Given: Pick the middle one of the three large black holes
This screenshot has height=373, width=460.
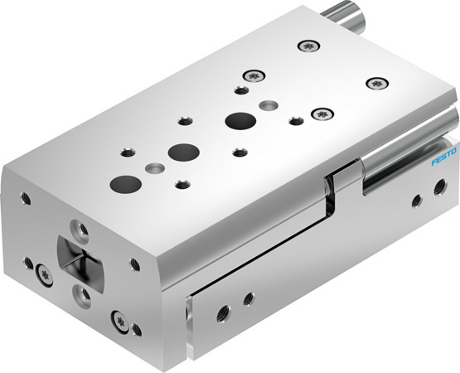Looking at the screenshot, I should click(179, 152).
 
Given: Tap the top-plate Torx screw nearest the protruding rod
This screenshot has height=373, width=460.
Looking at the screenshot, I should click(310, 46).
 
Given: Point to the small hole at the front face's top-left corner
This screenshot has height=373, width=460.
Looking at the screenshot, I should click(26, 199).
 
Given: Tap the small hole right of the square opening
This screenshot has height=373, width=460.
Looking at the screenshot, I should click(133, 264).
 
